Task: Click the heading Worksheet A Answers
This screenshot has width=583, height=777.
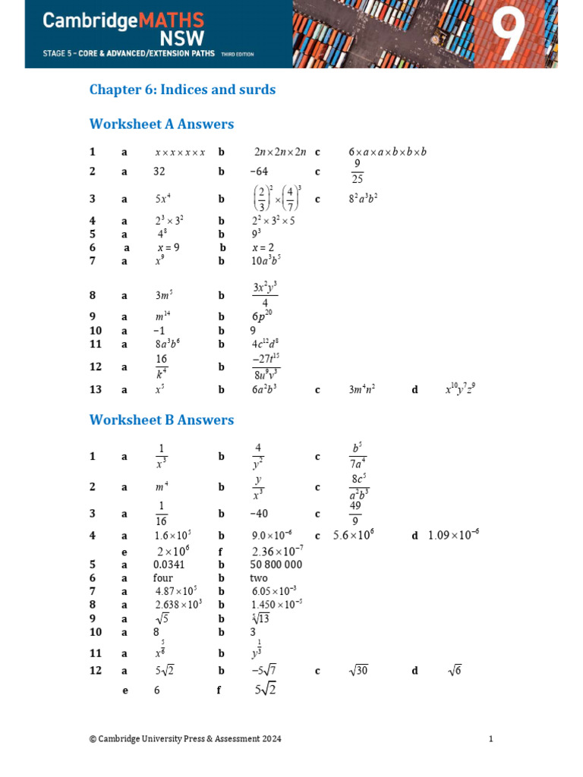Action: [162, 124]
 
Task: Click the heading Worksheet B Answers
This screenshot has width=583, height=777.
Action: [162, 420]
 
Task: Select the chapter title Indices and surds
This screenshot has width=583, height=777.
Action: [182, 90]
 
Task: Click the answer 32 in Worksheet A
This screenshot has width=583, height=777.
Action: [159, 172]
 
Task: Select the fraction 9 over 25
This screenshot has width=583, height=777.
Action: [357, 171]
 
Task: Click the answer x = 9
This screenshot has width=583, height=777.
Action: [169, 247]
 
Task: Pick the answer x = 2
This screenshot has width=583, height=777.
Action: [263, 247]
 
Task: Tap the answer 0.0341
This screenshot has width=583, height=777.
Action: [169, 565]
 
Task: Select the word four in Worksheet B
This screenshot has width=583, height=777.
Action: [163, 577]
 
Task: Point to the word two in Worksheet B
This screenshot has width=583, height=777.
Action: [259, 577]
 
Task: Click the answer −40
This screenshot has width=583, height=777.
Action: [259, 514]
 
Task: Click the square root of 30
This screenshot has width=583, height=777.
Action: [358, 671]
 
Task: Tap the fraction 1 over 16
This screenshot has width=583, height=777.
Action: [160, 514]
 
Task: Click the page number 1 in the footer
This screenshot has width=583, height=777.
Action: [491, 738]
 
